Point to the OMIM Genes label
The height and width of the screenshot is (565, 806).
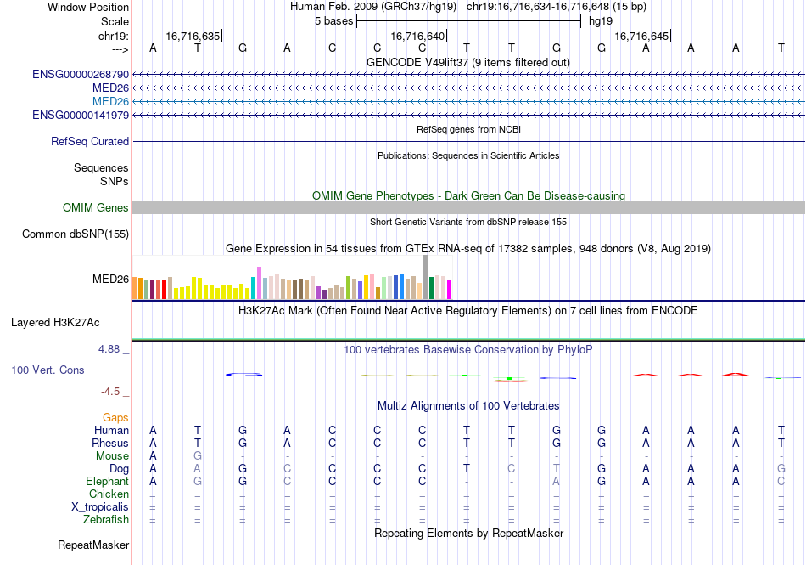(x=96, y=208)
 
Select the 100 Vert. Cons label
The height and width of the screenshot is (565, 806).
(x=48, y=370)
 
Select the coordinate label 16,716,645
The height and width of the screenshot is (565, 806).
(x=641, y=37)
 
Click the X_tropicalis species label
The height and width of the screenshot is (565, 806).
(x=100, y=507)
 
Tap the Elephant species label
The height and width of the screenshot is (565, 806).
(x=107, y=482)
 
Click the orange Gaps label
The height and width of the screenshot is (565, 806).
(x=115, y=418)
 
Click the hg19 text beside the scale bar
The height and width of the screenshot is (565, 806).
(x=601, y=20)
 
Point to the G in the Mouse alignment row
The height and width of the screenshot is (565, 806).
(x=198, y=456)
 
